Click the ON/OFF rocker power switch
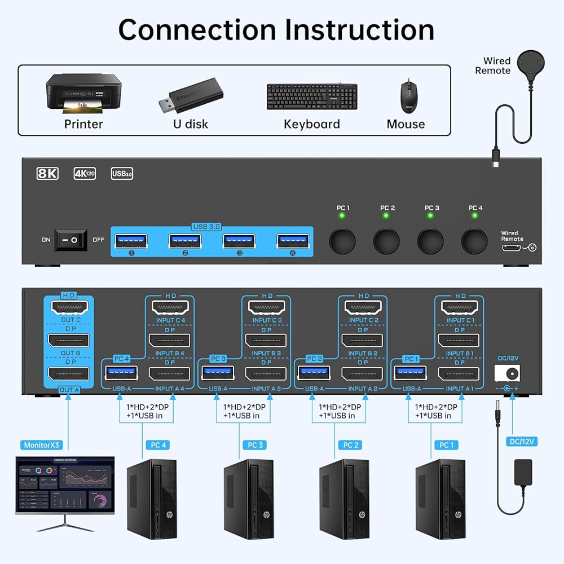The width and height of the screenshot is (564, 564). [70, 240]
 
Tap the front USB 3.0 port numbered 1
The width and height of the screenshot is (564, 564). [131, 241]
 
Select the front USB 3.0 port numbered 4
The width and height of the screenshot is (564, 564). [292, 241]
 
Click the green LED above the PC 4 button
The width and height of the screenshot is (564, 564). [475, 216]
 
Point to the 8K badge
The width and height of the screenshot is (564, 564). [47, 174]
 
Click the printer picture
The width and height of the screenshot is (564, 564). [83, 95]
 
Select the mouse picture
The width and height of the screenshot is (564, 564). [406, 96]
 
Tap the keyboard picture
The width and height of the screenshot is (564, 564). [312, 96]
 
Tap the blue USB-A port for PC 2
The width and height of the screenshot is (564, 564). [314, 373]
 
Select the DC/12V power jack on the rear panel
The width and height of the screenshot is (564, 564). [506, 373]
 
